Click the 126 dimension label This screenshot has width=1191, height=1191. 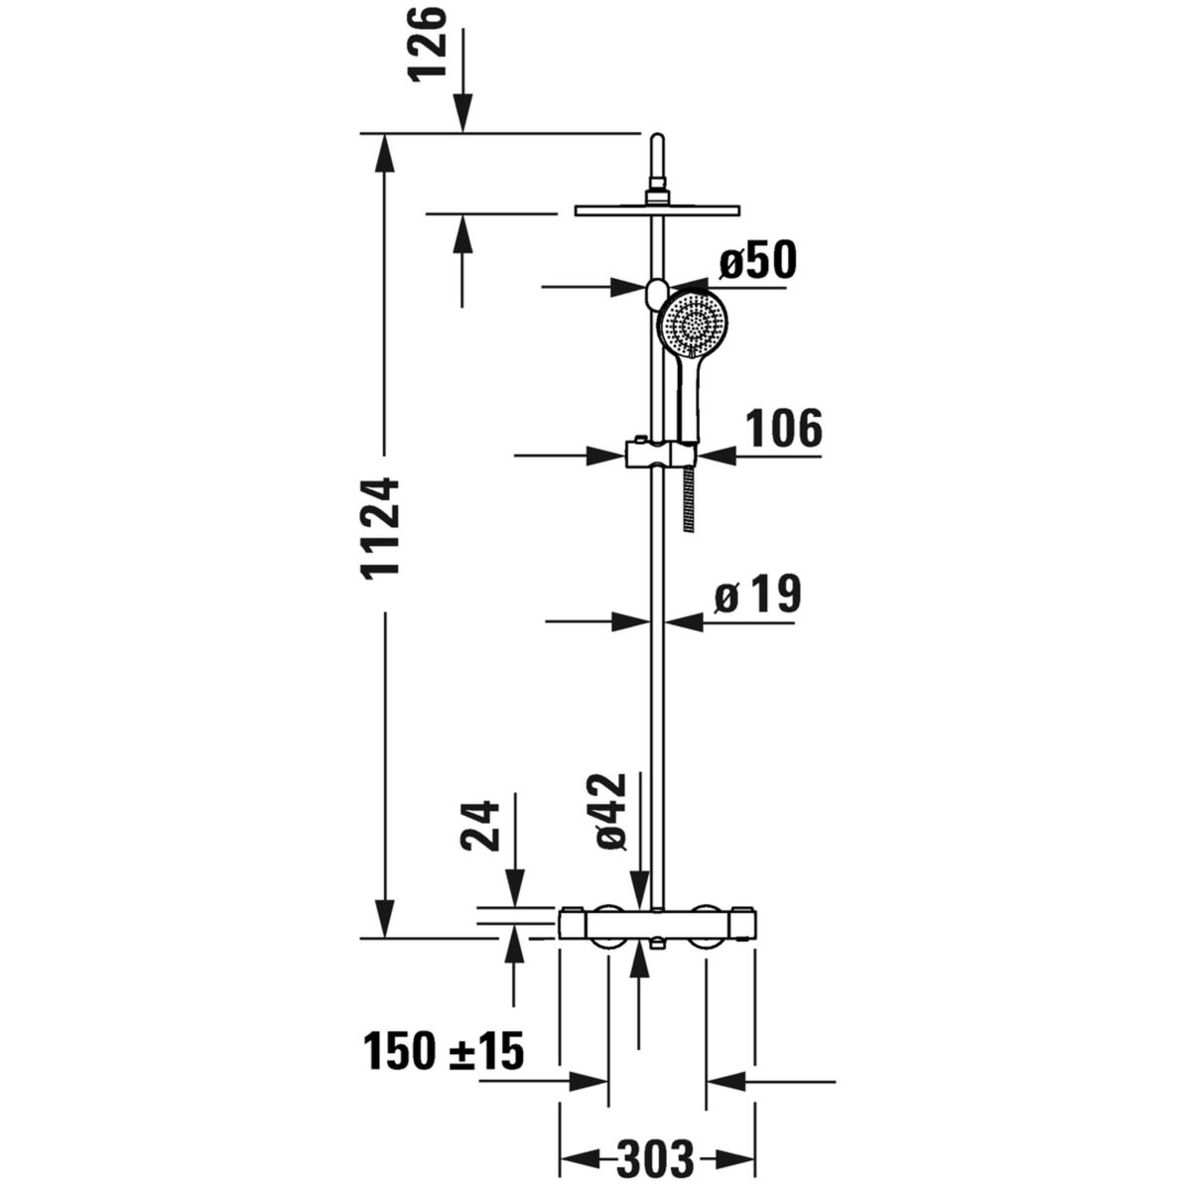coord(429,43)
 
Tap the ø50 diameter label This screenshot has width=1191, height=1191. coord(757,260)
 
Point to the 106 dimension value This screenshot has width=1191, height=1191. coord(784,427)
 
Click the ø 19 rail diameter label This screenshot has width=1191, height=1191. coord(757,594)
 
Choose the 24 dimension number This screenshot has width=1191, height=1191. coord(479,827)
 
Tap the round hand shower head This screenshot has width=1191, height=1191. coord(694,323)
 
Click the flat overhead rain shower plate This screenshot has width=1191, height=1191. coord(658,210)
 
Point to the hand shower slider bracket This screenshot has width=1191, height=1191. coord(660,455)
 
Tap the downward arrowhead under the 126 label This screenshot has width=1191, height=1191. coord(463,112)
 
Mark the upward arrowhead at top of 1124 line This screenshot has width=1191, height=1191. coord(384,152)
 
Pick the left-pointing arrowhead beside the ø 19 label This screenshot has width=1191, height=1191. coord(685,621)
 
